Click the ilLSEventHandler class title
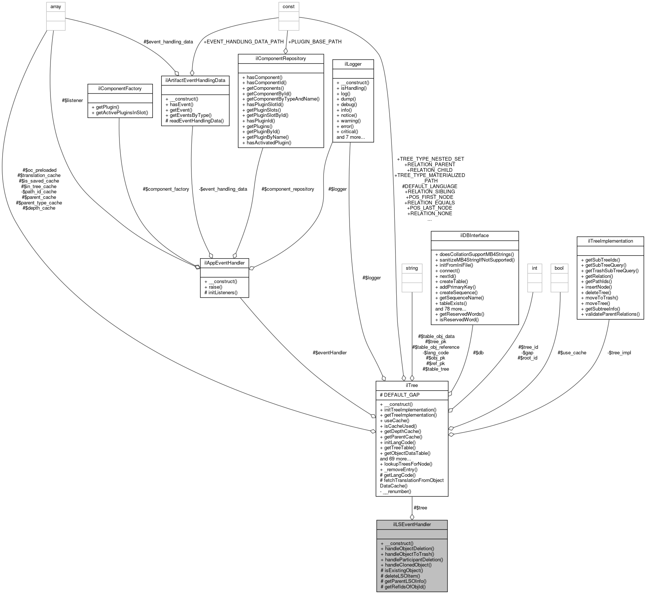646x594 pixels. (412, 525)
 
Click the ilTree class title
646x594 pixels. (412, 385)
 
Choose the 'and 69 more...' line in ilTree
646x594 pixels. (395, 459)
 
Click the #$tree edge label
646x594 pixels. (420, 508)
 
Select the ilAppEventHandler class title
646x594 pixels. (224, 263)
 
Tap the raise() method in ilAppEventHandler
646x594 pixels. (213, 287)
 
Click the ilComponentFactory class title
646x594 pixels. (120, 89)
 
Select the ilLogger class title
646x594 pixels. (353, 64)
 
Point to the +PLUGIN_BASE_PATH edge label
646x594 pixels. (315, 42)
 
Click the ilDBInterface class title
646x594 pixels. (474, 236)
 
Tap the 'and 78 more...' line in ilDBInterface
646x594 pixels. (450, 309)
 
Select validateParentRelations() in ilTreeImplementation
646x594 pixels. (610, 314)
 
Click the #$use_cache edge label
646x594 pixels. (572, 352)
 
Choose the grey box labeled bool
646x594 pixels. (559, 268)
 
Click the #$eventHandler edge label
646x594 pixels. (329, 352)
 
